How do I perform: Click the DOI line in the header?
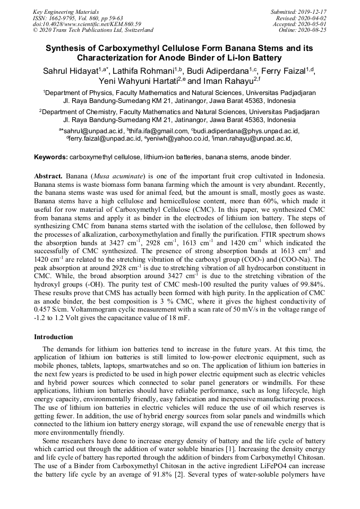pos(87,24)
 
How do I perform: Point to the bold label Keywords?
pos(51,158)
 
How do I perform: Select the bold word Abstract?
pos(48,176)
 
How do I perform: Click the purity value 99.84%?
pos(313,284)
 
